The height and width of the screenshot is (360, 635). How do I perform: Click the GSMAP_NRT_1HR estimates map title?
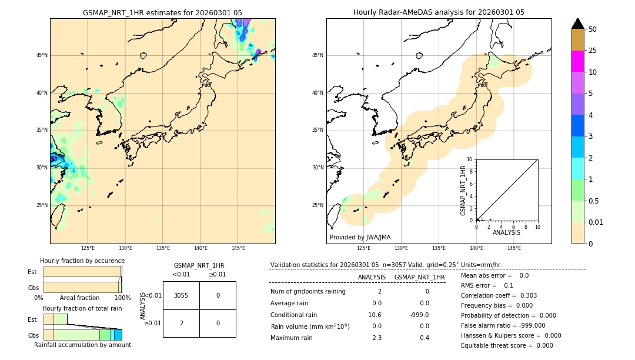pos(162,12)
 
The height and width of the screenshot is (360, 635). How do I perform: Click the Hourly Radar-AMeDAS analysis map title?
pos(439,12)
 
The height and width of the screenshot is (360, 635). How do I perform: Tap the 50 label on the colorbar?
pos(593,29)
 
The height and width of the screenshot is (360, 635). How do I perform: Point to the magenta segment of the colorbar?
pos(578,61)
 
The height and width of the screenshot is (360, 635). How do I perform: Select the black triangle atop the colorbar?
pos(578,24)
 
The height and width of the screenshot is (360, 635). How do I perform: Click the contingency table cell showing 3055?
pos(181,295)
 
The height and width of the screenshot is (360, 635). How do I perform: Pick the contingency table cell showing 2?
pos(181,323)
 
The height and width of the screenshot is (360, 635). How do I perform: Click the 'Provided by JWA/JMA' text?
pos(360,237)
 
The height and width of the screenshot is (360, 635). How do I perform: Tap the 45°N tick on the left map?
pos(42,55)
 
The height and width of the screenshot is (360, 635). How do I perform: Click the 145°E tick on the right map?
pos(514,248)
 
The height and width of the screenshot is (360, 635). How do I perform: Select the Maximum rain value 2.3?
pos(376,338)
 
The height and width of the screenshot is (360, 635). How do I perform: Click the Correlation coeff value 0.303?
pos(524,295)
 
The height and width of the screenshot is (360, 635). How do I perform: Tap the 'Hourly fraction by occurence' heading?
pos(82,261)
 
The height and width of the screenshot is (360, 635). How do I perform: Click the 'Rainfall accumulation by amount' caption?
pos(82,345)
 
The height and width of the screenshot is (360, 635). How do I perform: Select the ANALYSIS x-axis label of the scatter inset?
pos(506,232)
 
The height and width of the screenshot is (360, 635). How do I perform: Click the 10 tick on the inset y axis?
pos(470,159)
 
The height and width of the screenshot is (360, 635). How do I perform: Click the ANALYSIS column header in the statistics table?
pos(372,277)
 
